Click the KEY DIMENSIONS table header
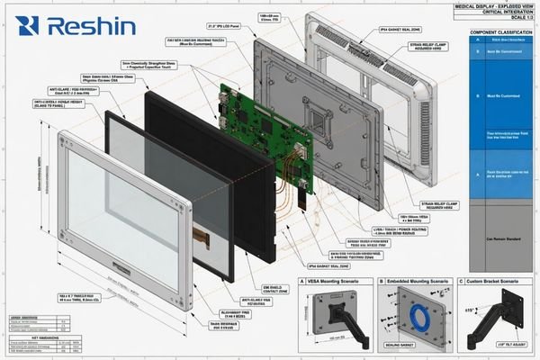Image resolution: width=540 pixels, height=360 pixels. point(26,332)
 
